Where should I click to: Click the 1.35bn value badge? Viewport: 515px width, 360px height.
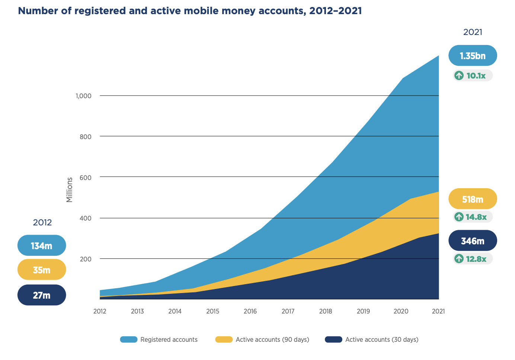click(x=473, y=56)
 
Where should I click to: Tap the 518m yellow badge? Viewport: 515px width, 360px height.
click(x=473, y=199)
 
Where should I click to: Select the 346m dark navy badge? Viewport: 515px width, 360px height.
click(x=473, y=241)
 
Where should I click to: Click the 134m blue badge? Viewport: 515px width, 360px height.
click(x=42, y=246)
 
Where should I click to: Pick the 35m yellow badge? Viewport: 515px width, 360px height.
click(x=42, y=270)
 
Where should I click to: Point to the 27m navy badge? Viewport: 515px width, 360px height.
click(x=42, y=295)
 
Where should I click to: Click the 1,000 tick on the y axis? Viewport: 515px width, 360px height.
click(x=83, y=96)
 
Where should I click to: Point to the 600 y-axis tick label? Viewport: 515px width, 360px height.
click(x=85, y=177)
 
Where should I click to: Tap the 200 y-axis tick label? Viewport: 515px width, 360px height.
click(x=85, y=259)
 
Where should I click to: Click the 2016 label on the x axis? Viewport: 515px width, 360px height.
click(x=250, y=311)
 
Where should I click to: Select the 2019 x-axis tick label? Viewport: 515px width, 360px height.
click(x=363, y=311)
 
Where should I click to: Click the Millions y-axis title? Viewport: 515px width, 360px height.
click(x=69, y=190)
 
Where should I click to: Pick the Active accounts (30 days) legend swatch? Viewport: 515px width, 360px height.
click(x=333, y=340)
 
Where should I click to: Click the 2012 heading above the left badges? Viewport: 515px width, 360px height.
click(x=42, y=222)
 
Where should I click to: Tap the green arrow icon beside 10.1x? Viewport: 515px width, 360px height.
click(x=459, y=75)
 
